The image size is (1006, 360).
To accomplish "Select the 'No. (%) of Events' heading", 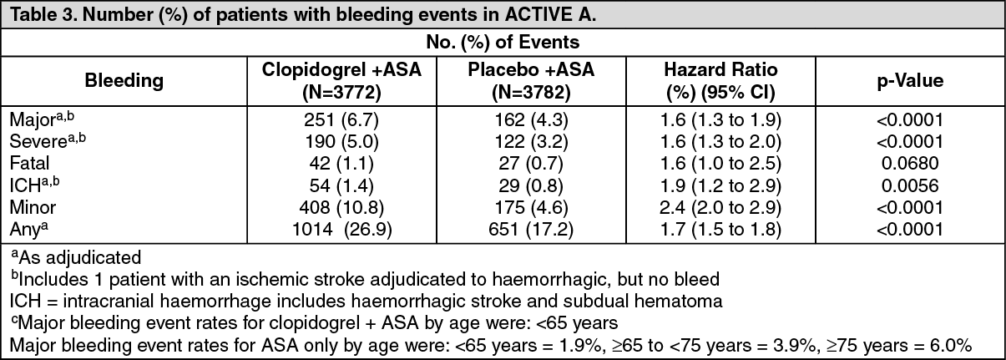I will (x=503, y=41).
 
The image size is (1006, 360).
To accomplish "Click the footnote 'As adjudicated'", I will (x=79, y=256).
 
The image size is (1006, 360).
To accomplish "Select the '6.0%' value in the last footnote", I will (x=970, y=343).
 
